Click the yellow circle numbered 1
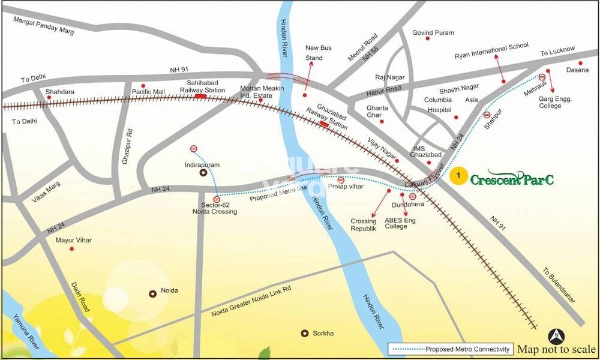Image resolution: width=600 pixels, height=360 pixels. click(459, 176)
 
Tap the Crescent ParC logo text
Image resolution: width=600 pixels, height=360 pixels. click(511, 178)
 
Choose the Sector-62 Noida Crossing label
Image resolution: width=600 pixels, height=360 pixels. click(220, 208)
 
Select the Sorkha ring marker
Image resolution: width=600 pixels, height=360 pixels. click(305, 333)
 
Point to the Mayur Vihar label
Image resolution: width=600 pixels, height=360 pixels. click(73, 240)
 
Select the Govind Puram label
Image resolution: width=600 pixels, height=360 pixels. click(433, 33)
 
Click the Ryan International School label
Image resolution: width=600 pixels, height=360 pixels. click(491, 50)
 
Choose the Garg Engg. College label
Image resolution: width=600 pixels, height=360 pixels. click(555, 102)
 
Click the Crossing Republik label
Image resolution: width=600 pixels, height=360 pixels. click(364, 225)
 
